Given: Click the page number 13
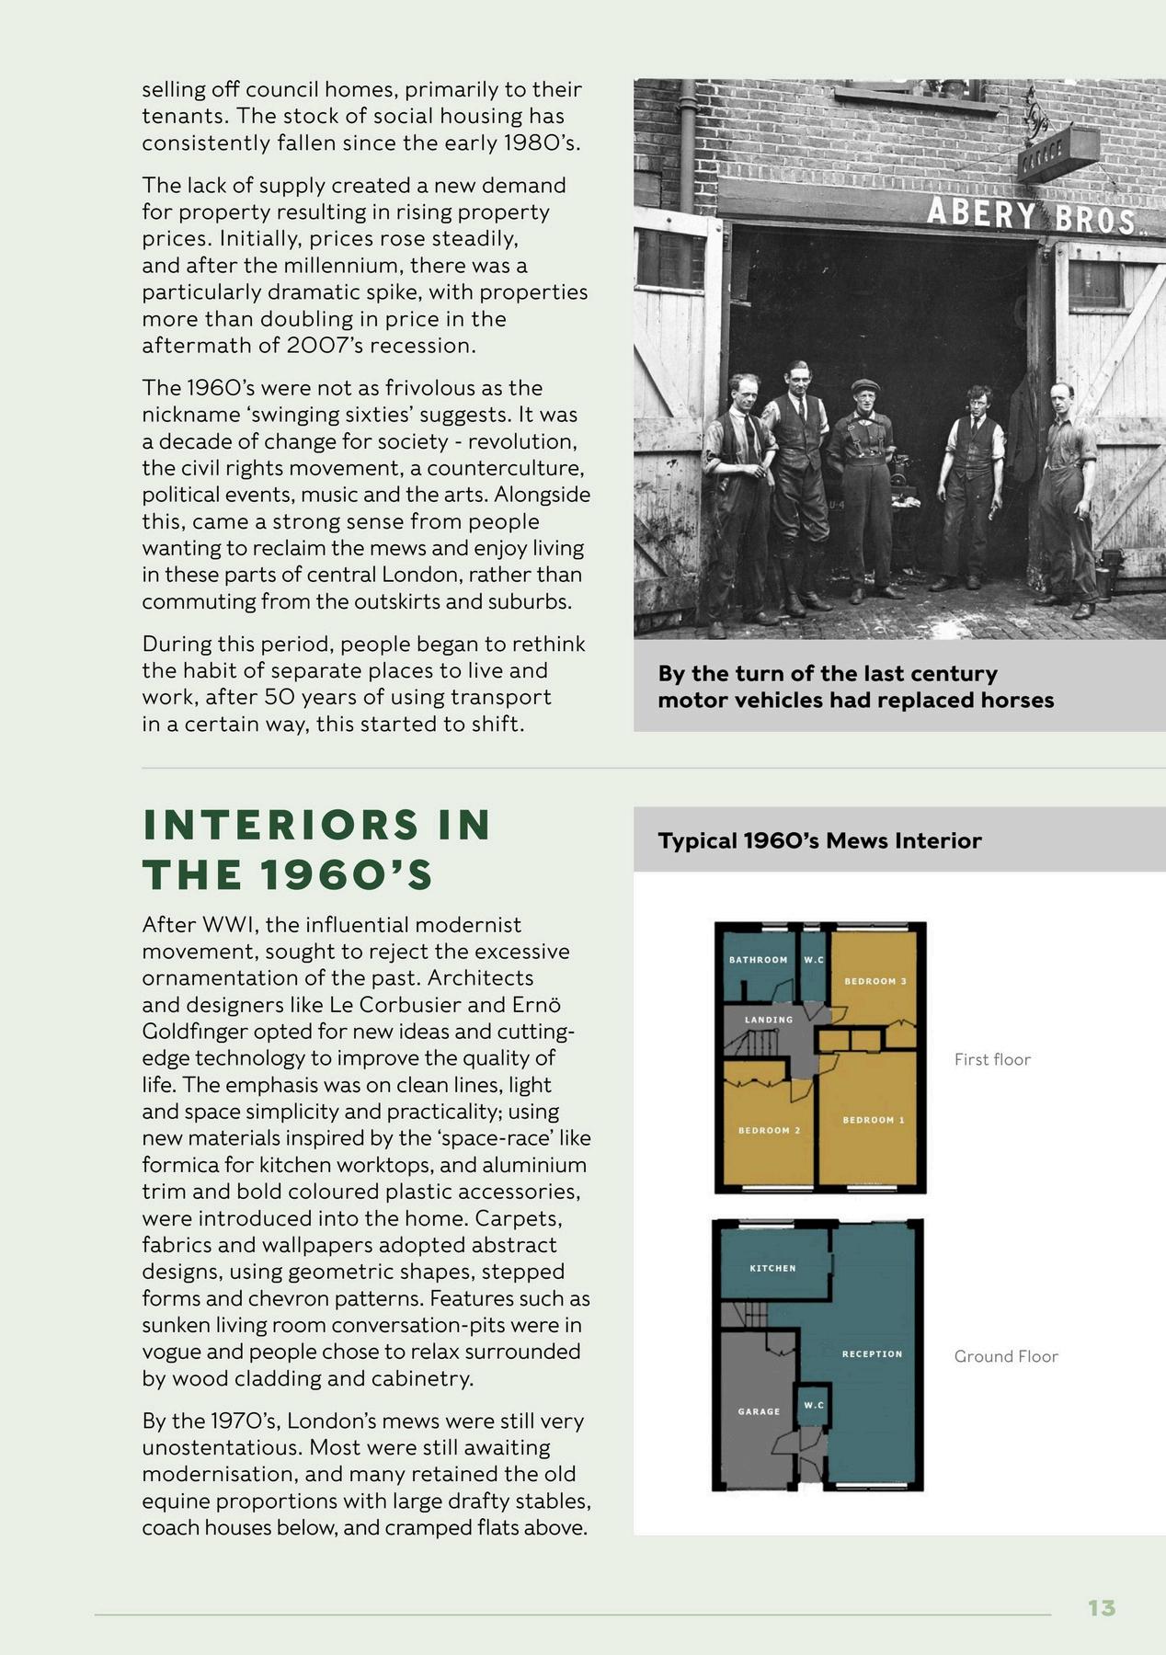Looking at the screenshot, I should (x=1101, y=1607).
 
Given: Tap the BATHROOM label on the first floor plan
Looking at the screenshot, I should (x=758, y=960).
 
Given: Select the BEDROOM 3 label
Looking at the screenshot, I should (x=875, y=981).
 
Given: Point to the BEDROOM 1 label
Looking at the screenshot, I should (x=874, y=1120).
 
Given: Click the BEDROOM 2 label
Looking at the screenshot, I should (x=769, y=1130).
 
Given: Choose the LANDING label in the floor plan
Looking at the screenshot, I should (x=768, y=1020).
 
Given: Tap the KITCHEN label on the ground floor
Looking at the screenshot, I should (x=772, y=1268).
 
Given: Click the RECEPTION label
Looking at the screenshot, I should (x=872, y=1353).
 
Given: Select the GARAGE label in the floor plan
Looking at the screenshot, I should (x=759, y=1411).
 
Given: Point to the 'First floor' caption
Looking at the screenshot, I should (x=992, y=1059).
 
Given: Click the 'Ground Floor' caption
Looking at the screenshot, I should (x=1006, y=1356).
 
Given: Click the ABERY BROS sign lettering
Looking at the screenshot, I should (x=1029, y=216).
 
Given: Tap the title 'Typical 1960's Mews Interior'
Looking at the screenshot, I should (x=819, y=840).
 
